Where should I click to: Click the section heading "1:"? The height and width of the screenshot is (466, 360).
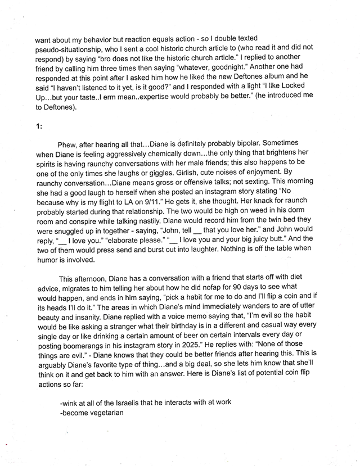(39, 126)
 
